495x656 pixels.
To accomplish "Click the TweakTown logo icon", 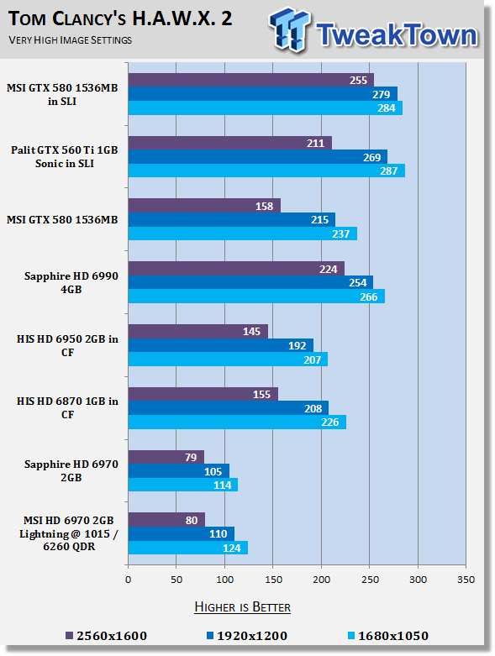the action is (x=291, y=29).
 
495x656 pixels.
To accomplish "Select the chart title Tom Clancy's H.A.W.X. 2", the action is (x=120, y=18).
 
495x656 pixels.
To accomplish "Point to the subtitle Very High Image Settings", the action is (x=71, y=40).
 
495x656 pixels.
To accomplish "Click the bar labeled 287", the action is (x=266, y=171).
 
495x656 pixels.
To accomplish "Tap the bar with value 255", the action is (x=251, y=80).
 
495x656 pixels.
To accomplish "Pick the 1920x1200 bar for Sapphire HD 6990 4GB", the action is (x=250, y=282).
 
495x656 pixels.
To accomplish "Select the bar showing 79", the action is (x=166, y=457).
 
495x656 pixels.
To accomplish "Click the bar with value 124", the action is (x=188, y=548).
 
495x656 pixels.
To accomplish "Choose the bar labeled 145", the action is (x=198, y=331).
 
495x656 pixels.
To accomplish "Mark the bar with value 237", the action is (x=243, y=234).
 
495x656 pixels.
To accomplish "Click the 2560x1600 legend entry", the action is (x=107, y=636).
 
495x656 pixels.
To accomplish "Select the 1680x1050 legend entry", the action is (x=388, y=636).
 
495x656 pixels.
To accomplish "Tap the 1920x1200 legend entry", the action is (x=247, y=636).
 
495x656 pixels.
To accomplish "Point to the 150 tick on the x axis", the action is (x=273, y=580).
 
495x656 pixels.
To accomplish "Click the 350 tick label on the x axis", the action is (x=466, y=580).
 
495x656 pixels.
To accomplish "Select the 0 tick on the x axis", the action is (x=128, y=580).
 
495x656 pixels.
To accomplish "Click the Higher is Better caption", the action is (x=243, y=607).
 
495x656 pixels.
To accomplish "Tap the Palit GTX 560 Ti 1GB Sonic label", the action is (x=65, y=157).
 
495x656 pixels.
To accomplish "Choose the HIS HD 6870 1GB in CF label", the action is (x=67, y=408).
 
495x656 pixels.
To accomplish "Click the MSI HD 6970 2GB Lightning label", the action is (x=69, y=533).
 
